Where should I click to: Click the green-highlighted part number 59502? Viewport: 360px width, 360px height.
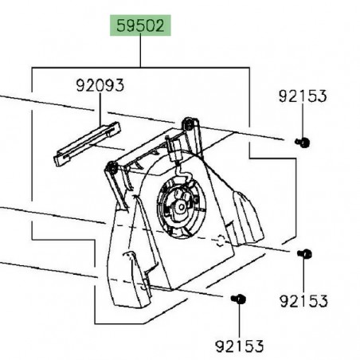[140, 25]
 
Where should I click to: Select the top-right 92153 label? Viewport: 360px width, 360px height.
[303, 97]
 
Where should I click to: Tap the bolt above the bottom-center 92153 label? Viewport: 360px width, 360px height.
[237, 299]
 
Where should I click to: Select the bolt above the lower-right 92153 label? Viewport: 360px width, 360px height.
[303, 254]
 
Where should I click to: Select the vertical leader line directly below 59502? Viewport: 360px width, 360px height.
[140, 52]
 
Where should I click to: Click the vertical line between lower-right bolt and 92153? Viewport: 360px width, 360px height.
[303, 276]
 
